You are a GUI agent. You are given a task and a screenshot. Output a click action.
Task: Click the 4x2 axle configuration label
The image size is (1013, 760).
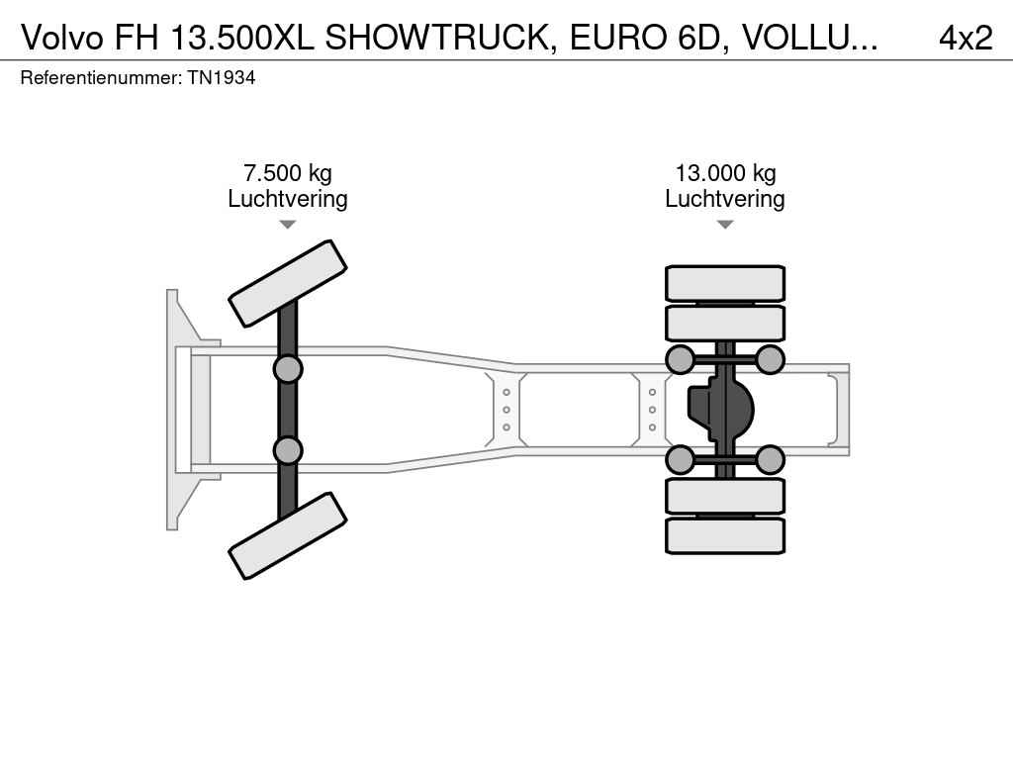coord(966,38)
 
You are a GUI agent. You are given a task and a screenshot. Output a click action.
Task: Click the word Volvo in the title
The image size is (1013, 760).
coord(62,38)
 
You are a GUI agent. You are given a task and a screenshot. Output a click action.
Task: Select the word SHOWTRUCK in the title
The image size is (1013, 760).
coord(437,38)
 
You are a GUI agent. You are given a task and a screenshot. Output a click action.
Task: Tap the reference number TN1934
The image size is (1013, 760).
coord(222,77)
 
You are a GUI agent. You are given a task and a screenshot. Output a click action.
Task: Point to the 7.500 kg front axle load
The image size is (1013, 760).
coord(288,173)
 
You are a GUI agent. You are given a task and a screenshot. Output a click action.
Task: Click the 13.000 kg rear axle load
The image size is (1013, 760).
coord(725,173)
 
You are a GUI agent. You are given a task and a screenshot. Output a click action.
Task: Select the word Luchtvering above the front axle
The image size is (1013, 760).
coord(288,198)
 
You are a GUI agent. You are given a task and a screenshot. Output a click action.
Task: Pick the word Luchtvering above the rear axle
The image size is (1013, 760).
coord(725,198)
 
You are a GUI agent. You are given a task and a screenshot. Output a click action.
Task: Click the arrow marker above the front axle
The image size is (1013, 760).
coord(288,225)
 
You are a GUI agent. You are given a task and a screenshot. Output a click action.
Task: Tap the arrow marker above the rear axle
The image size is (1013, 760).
coord(725,225)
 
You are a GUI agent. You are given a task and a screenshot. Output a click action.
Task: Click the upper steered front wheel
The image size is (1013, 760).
coord(288,283)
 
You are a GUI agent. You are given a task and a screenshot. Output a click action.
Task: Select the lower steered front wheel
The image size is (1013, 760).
coord(288,535)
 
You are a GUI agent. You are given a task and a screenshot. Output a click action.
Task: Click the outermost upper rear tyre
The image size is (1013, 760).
coord(725,283)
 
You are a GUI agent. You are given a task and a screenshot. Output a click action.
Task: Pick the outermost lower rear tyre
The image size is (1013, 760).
coord(725,535)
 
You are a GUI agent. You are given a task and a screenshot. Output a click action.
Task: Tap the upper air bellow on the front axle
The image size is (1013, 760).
coord(288,369)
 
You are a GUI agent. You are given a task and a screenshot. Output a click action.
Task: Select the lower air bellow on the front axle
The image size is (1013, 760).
coord(288,450)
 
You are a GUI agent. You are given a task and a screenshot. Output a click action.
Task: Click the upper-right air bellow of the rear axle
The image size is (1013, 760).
coord(770,359)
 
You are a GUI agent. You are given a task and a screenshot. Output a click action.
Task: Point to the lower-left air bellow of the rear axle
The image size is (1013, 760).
coord(680,459)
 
